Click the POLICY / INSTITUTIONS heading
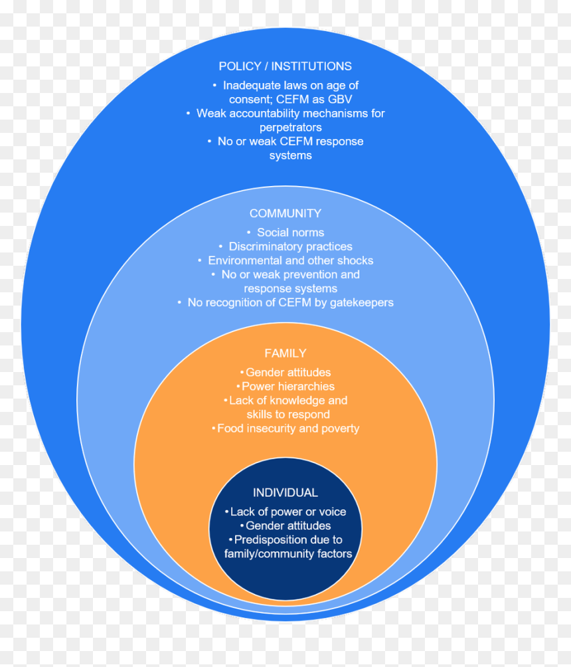[x=285, y=66]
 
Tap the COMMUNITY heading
[x=285, y=213]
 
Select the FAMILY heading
[x=285, y=353]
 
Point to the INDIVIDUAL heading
[x=285, y=492]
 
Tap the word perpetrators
[x=291, y=128]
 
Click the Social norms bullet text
[x=290, y=233]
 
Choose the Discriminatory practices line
[x=290, y=246]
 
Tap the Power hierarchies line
[x=288, y=387]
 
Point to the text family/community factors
[x=288, y=554]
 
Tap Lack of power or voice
[x=288, y=512]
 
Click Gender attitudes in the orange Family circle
[x=288, y=373]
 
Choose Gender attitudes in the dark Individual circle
[x=288, y=525]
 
